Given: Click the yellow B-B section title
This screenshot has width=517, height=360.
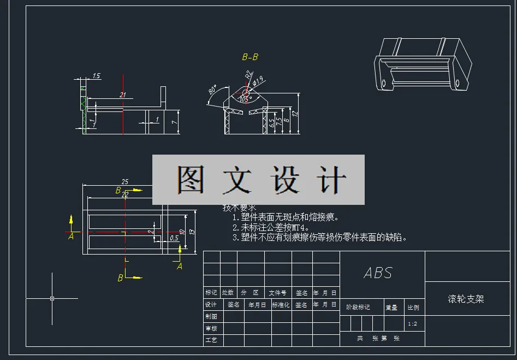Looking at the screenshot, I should pos(250,57).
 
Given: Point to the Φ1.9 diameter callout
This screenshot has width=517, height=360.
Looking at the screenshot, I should pos(258,81).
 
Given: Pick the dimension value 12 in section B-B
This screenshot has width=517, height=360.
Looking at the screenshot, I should pos(295,114).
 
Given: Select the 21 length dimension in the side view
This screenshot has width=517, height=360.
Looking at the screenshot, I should pos(123,95).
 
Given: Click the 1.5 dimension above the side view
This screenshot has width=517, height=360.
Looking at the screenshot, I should pos(97,76).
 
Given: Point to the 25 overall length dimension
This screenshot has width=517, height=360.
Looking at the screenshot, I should pos(125,181).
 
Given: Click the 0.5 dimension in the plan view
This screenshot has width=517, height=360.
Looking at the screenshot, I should pos(174,238).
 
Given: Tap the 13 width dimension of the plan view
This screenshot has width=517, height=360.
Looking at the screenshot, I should pos(191,232).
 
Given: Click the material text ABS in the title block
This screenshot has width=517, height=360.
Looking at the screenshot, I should pos(378,273).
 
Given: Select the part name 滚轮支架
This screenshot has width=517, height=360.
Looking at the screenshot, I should pos(466,299).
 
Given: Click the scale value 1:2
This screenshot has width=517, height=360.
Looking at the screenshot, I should pos(413,324).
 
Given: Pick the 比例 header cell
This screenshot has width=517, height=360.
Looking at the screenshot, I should pos(413,308).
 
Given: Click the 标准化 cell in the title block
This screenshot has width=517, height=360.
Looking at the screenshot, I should pos(281,305).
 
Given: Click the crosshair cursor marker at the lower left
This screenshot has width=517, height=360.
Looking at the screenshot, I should pos(52,298).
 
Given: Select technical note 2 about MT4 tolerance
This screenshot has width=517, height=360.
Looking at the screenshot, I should pos(271,227).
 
